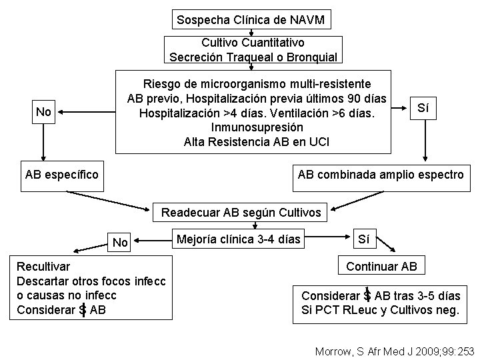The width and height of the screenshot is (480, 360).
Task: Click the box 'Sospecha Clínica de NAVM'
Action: click(251, 20)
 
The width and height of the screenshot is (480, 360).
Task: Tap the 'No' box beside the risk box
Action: click(44, 111)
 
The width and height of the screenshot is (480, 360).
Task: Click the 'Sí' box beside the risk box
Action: click(423, 107)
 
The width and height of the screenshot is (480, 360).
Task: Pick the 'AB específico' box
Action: click(61, 175)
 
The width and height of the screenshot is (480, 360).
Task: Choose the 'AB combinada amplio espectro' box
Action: click(381, 175)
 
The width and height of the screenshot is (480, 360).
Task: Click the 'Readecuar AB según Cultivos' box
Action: click(241, 213)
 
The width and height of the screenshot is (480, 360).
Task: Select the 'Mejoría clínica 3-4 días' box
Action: click(238, 239)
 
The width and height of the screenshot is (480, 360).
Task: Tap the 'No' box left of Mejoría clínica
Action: click(120, 242)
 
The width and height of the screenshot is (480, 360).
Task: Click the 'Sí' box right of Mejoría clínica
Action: click(364, 238)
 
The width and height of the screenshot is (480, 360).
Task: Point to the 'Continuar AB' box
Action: click(381, 267)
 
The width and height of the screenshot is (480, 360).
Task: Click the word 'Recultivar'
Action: click(43, 267)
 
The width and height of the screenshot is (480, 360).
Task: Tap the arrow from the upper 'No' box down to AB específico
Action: click(44, 141)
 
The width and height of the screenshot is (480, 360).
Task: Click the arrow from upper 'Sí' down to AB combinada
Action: click(423, 141)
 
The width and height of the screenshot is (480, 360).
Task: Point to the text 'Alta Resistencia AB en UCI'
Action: click(257, 141)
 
